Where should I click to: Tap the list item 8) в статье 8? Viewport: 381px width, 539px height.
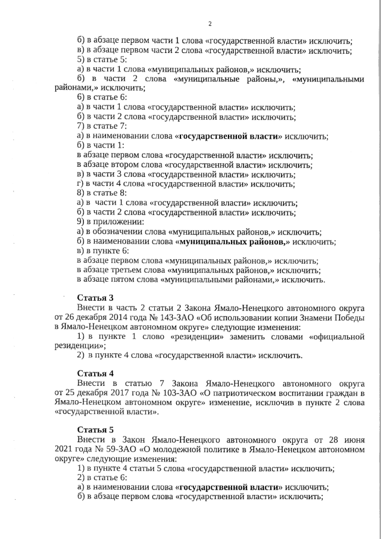click(102, 193)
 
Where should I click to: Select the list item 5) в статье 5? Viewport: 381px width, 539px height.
click(102, 60)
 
